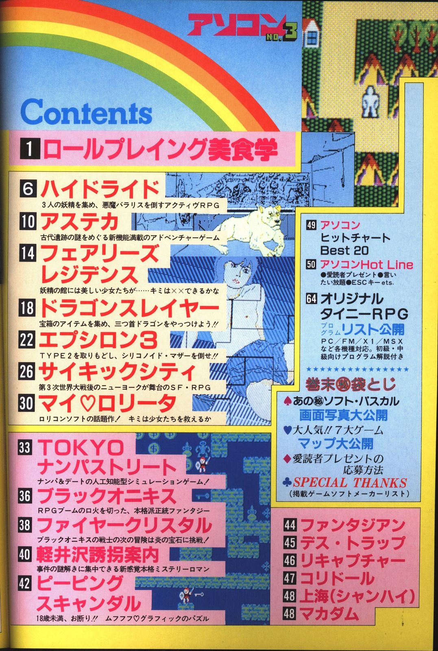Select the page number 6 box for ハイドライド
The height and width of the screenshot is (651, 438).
click(x=28, y=189)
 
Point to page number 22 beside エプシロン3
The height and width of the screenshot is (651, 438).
click(x=26, y=340)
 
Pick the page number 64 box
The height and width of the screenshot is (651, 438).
click(x=312, y=298)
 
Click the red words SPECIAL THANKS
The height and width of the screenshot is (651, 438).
click(x=350, y=483)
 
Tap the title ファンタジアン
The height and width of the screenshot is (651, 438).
click(x=352, y=525)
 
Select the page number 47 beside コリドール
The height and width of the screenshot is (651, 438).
click(x=289, y=578)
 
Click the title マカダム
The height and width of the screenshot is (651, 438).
click(x=330, y=614)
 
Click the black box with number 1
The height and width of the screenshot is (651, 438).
click(x=29, y=149)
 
